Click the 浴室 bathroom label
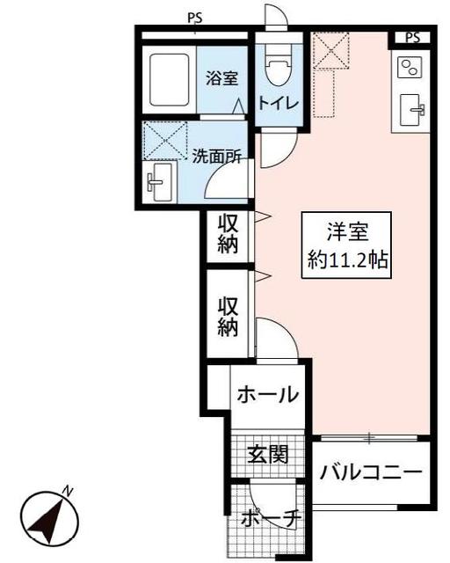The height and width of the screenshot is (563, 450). click(x=222, y=78)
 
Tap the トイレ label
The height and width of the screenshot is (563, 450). click(x=278, y=103)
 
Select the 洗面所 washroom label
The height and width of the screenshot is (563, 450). click(x=218, y=157)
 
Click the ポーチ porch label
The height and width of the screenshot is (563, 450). click(x=270, y=519)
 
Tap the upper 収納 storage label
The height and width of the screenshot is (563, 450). click(x=229, y=234)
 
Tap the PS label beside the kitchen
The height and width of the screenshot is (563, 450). click(x=413, y=37)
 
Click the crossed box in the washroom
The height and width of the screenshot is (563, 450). click(x=166, y=140)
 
